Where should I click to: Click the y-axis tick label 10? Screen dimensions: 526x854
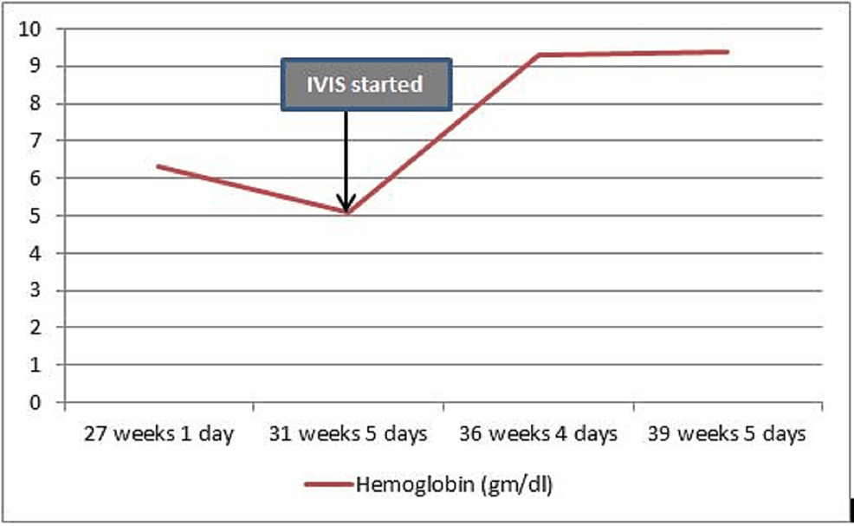[30, 29]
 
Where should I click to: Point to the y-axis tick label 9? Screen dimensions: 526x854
[36, 67]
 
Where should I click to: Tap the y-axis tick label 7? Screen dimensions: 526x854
[36, 141]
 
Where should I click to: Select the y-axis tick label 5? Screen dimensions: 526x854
[36, 216]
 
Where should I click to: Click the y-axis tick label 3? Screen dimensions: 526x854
[36, 290]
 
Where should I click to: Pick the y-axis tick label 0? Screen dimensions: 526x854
[36, 403]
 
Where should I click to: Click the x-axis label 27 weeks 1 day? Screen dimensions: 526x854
[159, 434]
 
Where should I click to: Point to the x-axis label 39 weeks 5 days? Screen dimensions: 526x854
[728, 434]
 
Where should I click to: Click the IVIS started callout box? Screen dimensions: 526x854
[366, 85]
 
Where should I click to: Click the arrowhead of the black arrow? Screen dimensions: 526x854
[346, 206]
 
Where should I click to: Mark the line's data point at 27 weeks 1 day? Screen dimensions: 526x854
[158, 166]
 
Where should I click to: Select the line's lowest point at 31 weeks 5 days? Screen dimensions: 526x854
[347, 212]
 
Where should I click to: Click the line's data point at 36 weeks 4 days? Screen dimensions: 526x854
[538, 55]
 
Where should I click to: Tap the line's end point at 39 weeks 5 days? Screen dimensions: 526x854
[728, 52]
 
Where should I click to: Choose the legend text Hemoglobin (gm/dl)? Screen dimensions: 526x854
[454, 485]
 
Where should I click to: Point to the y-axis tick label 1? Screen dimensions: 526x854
[36, 366]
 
